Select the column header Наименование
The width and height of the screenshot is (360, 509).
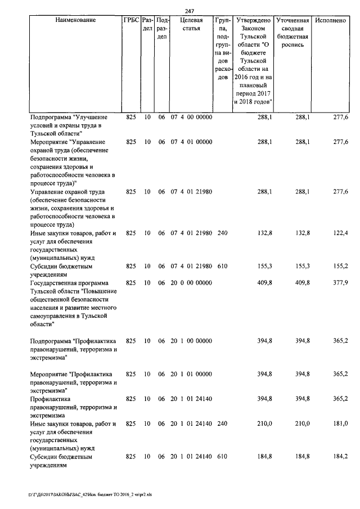[x=75, y=20]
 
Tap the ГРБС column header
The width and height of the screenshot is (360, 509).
[x=130, y=20]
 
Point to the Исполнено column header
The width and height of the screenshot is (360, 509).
[x=330, y=20]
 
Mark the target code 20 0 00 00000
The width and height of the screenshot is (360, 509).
[x=191, y=282]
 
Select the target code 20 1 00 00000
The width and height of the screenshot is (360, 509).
[x=191, y=340]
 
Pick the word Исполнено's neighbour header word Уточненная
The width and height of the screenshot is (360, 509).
[x=294, y=20]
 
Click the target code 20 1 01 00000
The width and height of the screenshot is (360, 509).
[x=191, y=374]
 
